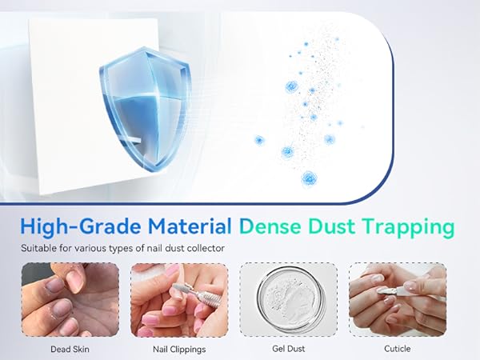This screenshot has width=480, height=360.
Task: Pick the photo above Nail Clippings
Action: [178, 300]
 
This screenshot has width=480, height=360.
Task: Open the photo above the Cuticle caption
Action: [398, 300]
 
